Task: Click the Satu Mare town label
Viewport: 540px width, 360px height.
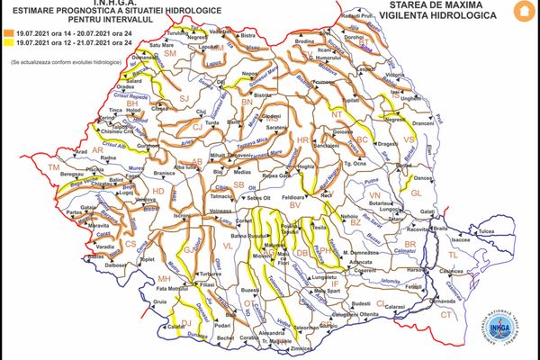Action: pos(161,43)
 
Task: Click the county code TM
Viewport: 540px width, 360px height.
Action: pos(53,168)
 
